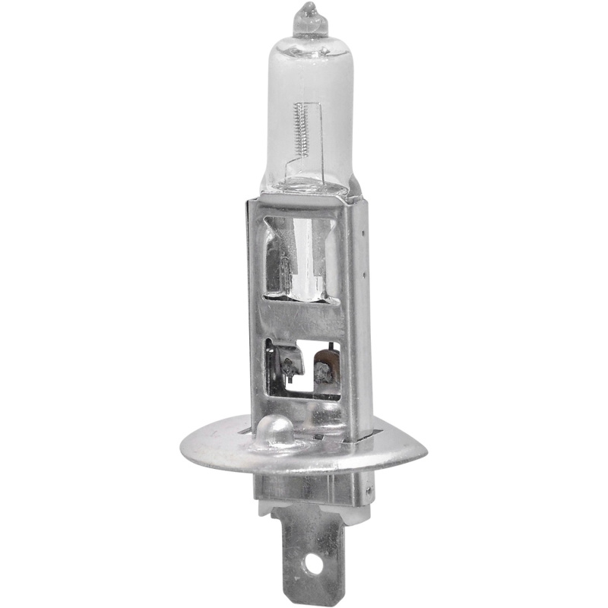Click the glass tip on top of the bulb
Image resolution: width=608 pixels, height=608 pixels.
(x=311, y=18)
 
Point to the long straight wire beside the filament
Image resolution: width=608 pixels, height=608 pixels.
(x=322, y=137)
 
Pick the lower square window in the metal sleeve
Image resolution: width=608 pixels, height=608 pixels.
(x=302, y=369)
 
